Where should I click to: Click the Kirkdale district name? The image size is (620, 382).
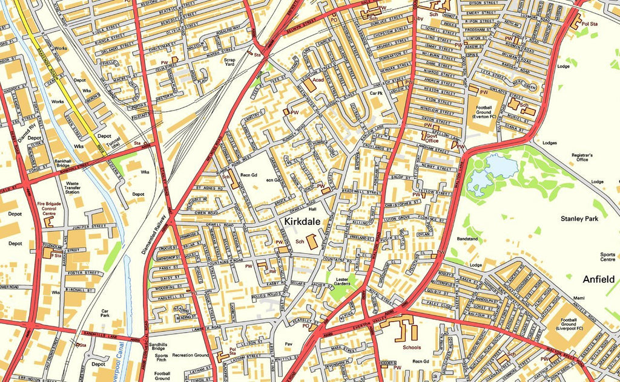pos(307,222)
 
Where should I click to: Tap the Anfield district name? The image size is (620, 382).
pos(598,279)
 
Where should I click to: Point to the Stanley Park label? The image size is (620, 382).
pos(579,219)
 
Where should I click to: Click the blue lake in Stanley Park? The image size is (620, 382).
pos(489,172)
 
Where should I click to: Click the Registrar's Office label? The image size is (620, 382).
pos(582,158)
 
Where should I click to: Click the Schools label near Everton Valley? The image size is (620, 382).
pos(411,348)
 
